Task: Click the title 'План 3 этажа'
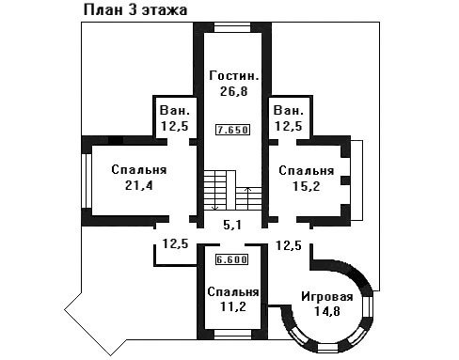(135, 10)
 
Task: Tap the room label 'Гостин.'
(234, 76)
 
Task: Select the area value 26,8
(234, 91)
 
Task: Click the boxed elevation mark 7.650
(233, 130)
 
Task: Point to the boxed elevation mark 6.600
(231, 259)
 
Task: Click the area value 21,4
(138, 185)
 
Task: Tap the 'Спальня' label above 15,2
(307, 171)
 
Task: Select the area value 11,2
(233, 306)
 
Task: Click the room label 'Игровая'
(327, 296)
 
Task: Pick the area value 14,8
(327, 311)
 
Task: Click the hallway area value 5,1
(232, 225)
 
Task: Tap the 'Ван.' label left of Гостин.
(175, 110)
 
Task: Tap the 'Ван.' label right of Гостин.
(289, 110)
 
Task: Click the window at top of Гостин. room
(232, 27)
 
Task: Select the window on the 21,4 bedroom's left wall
(87, 180)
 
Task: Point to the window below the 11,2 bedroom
(233, 335)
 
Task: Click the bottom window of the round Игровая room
(327, 348)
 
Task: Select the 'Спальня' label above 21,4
(138, 170)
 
